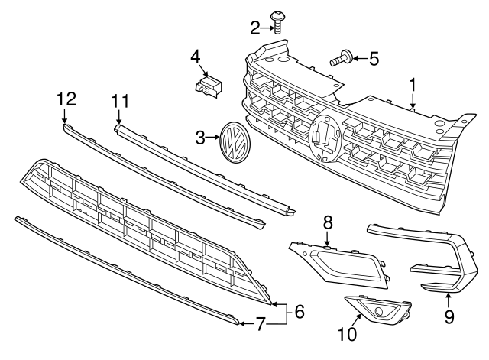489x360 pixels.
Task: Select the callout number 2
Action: coord(255,29)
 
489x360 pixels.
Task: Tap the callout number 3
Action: coord(200,138)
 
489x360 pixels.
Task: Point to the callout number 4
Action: coord(195,56)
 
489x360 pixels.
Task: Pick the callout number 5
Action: coord(374,57)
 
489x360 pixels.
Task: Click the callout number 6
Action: coord(300,311)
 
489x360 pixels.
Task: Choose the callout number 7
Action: coord(260,325)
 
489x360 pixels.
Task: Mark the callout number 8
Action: coord(327,222)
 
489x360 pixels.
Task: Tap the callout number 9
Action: coord(449,314)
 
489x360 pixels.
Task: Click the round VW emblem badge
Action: coord(233,141)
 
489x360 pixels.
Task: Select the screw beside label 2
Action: coord(278,21)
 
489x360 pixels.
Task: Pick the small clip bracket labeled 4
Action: coord(208,85)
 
